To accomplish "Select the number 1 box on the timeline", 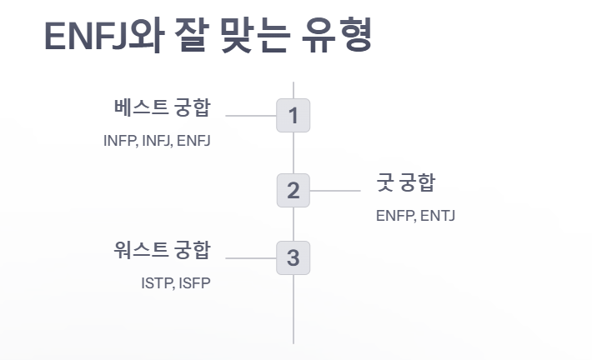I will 293,116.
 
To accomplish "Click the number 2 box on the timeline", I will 293,191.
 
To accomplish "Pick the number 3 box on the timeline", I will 293,257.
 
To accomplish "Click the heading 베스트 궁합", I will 163,107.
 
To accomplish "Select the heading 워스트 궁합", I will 163,249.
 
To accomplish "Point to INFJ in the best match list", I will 157,141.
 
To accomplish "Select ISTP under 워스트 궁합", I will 157,282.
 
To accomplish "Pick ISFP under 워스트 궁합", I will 193,282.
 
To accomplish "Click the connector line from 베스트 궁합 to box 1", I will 250,116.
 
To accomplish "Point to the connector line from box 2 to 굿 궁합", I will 334,191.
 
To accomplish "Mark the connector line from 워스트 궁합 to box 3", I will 250,257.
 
